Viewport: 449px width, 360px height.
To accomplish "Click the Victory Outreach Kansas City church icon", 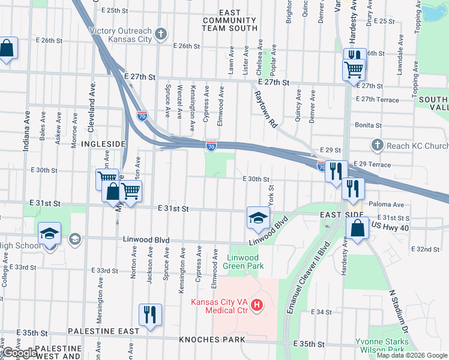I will [x=160, y=34].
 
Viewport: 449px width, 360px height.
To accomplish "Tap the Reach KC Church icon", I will [x=376, y=145].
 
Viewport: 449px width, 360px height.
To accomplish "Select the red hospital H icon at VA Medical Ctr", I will [x=257, y=306].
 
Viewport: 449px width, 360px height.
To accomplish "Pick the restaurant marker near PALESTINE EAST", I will [x=149, y=316].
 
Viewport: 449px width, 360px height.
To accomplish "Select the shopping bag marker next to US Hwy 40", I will [x=357, y=229].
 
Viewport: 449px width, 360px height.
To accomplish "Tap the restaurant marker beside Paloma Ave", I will [x=353, y=188].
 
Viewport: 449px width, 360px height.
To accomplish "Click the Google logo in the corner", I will [x=20, y=353].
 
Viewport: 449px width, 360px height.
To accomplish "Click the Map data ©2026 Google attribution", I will [x=411, y=355].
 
